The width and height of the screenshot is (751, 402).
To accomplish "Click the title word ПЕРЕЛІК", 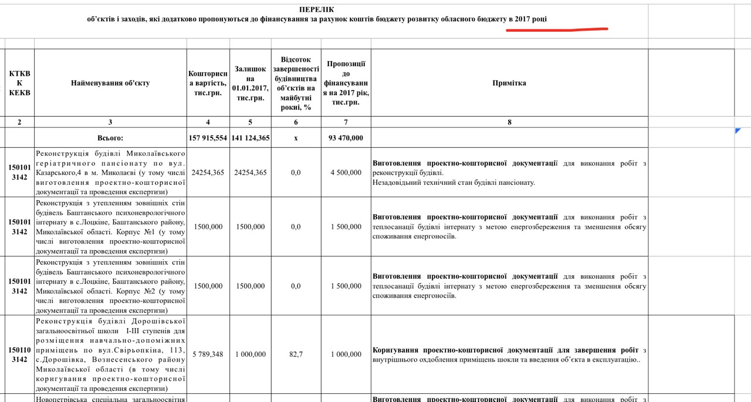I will point(317,10).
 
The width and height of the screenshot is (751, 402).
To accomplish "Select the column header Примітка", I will point(509,83).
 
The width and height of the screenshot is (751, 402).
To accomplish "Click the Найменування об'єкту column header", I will point(110,83).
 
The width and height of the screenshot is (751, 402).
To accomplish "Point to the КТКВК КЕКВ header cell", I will point(20,83).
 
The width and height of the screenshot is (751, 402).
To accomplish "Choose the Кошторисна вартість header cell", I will point(208,83).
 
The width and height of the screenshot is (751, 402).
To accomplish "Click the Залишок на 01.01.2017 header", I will point(251,83).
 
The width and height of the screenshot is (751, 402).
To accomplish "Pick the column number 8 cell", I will point(509,122).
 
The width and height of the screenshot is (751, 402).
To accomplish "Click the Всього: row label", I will point(110,138).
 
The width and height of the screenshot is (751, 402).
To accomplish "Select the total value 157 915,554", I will point(208,138).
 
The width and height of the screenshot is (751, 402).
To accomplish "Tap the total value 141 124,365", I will point(251,138).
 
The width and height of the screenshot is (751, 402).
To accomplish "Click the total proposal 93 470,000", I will point(346,138).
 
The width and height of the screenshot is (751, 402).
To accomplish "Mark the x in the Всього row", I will point(296,138).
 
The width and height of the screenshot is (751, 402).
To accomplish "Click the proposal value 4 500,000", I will point(346,173).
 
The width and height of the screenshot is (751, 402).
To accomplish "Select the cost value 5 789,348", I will point(208,354).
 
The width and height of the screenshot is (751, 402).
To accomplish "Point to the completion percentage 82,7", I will point(296,354).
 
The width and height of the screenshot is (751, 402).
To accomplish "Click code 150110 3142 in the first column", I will point(20,354).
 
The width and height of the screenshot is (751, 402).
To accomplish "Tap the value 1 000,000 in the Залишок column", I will point(251,354).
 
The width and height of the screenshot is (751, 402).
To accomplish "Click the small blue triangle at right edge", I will point(738,131).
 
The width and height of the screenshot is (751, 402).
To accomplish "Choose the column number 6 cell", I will point(296,122).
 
